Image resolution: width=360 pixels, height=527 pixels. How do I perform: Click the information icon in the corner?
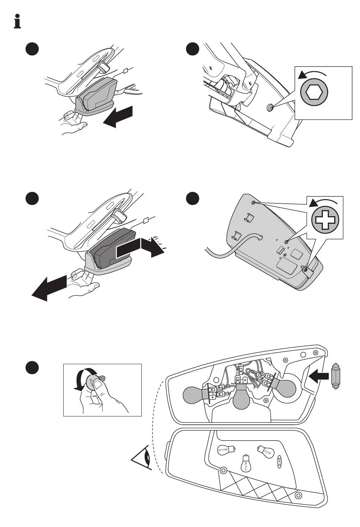(16, 21)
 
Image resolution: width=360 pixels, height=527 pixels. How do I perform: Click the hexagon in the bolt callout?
(314, 92)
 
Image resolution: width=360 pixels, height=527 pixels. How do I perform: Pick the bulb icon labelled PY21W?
(245, 462)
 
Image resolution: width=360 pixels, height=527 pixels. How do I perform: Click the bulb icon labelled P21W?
(265, 451)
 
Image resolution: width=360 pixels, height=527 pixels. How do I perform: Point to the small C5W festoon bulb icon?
(280, 460)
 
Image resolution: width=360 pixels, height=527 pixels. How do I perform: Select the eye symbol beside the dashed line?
(142, 459)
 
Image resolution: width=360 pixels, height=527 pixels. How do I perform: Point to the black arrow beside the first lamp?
(118, 116)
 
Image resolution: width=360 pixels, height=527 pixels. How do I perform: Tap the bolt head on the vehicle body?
(269, 108)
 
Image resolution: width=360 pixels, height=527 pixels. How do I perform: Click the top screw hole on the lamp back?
(254, 203)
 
